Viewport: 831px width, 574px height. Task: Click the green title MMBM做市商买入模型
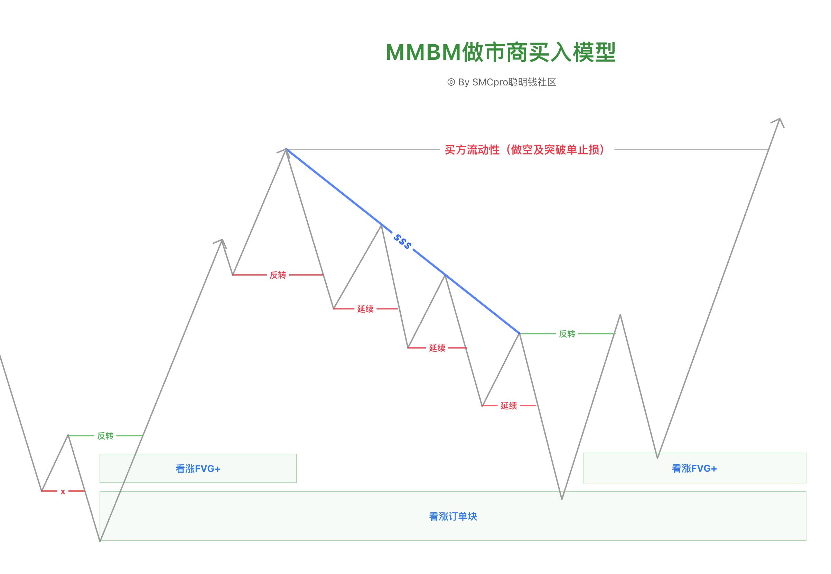pos(500,53)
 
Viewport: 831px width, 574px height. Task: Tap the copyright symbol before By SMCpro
pos(451,82)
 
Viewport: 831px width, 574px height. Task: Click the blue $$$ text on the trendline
pos(402,241)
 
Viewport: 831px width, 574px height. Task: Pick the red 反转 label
pos(278,275)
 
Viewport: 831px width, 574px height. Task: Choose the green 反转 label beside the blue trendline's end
pos(567,334)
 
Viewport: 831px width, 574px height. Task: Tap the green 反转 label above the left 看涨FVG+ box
pos(105,436)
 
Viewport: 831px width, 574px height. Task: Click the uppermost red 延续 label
pos(365,309)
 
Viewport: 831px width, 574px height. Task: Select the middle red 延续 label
pos(437,348)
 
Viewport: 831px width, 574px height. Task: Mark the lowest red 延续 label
pos(508,406)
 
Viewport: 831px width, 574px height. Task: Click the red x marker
pos(63,492)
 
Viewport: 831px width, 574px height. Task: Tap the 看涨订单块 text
pos(453,517)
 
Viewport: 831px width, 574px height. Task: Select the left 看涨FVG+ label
pos(198,469)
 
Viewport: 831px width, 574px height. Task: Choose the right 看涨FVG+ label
pos(694,468)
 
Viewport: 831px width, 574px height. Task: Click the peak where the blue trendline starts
pos(286,149)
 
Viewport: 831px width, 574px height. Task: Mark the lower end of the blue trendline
pos(519,333)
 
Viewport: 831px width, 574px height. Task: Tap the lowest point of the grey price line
pos(100,541)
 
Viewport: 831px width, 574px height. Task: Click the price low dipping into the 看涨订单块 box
pos(562,499)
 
